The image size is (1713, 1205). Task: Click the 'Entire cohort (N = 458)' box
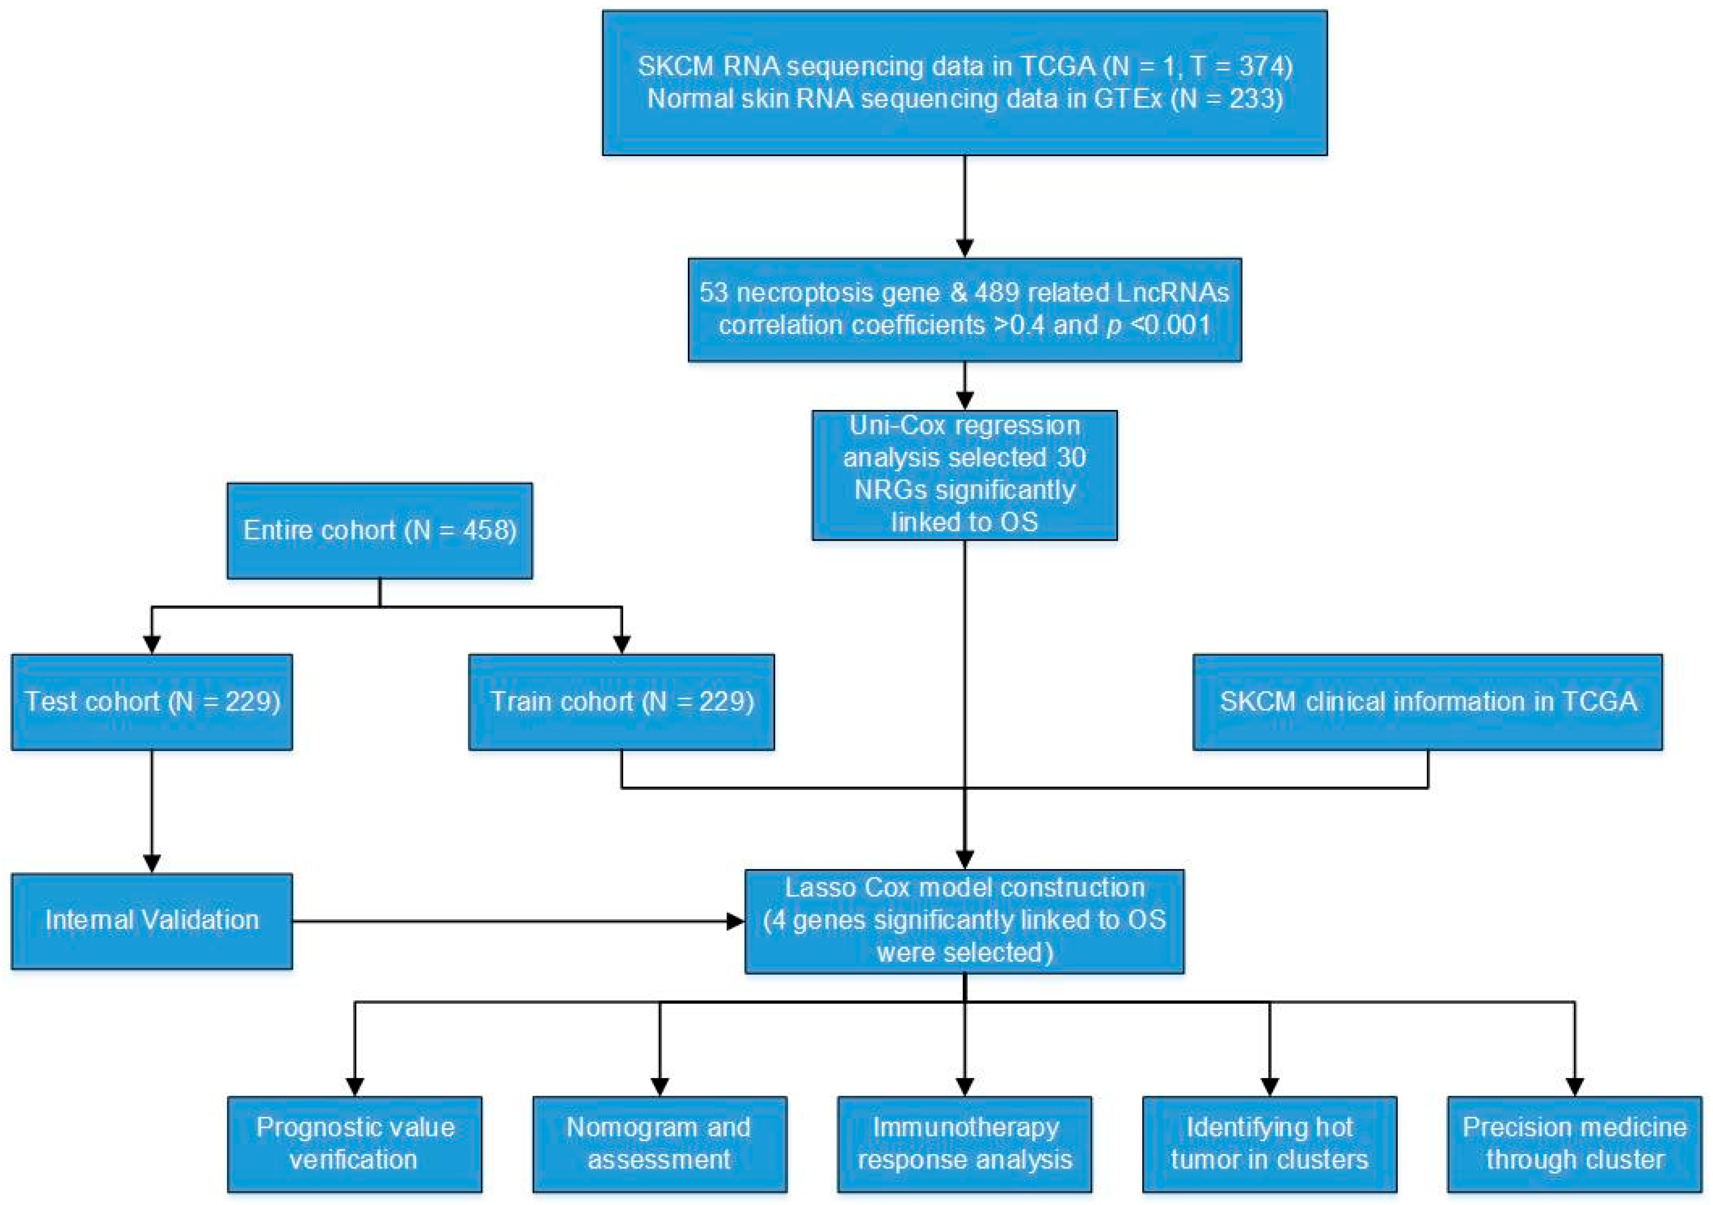[380, 531]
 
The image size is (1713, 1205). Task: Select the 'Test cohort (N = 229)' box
[152, 702]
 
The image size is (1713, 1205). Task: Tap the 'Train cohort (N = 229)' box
[621, 702]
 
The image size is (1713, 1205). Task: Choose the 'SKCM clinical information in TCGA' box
[1428, 702]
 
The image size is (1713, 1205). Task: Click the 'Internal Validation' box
[152, 921]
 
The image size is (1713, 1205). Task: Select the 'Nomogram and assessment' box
[660, 1144]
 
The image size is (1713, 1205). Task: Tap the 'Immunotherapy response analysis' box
[964, 1144]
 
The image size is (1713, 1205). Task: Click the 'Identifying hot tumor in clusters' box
[1270, 1144]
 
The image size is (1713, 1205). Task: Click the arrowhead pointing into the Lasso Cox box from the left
[736, 922]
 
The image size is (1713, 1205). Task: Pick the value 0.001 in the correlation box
[1177, 325]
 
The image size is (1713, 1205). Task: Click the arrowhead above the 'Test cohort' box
[152, 645]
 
